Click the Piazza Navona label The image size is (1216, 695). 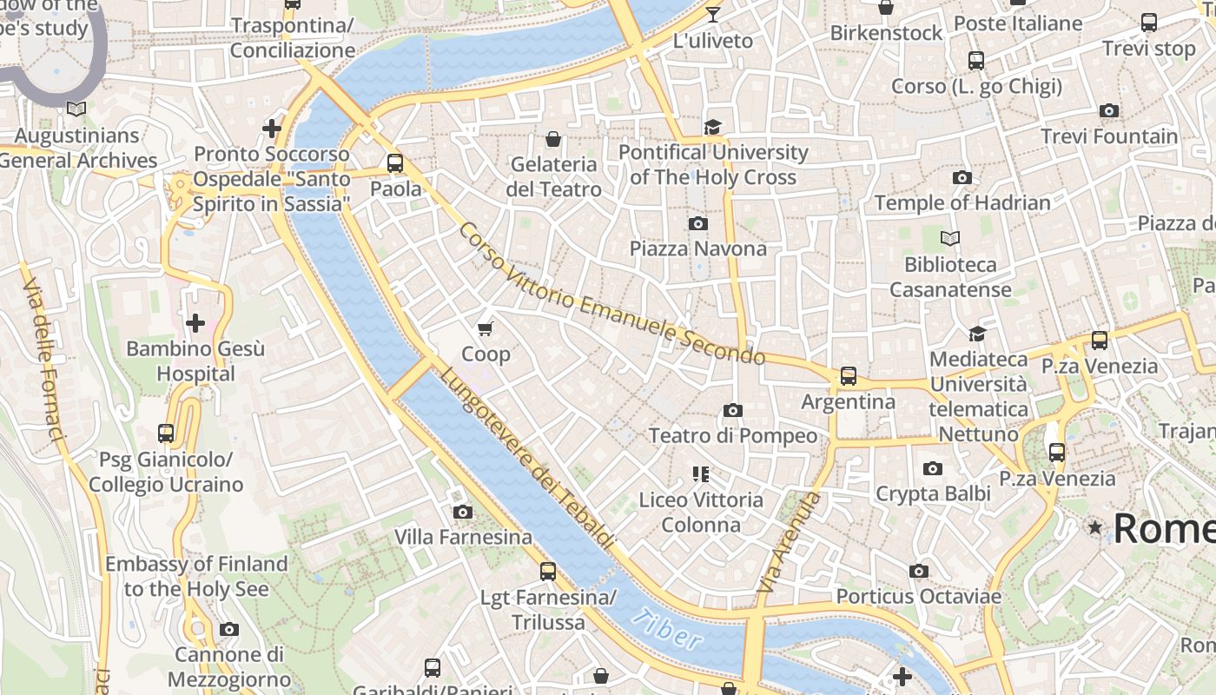tap(697, 249)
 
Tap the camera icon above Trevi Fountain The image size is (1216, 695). tap(1108, 111)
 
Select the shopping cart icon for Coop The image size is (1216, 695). tap(486, 328)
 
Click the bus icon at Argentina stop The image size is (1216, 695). tap(848, 376)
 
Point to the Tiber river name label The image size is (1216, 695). tap(666, 630)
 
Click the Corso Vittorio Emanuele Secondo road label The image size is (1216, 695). tap(611, 295)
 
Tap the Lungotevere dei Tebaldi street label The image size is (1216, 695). tap(527, 458)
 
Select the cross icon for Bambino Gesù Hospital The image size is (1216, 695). tap(195, 323)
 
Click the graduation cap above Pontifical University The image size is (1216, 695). tap(713, 127)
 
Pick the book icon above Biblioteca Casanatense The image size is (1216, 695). tap(950, 238)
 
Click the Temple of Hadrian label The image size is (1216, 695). tap(962, 203)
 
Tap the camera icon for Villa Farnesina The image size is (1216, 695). tap(463, 512)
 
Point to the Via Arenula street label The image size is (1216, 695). tap(788, 543)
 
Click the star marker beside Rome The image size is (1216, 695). tap(1094, 527)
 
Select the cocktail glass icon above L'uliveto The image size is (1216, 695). tap(713, 15)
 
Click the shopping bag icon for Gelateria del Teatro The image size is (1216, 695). tap(552, 139)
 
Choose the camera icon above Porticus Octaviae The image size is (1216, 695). tap(918, 571)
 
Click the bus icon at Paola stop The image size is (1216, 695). tap(395, 163)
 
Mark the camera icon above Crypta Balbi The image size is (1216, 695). tap(932, 469)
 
